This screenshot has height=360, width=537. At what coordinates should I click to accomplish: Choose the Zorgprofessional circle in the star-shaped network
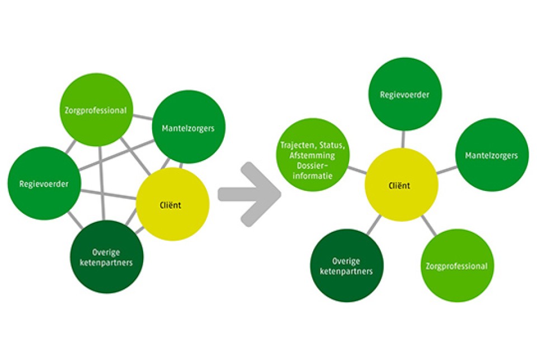click(x=456, y=266)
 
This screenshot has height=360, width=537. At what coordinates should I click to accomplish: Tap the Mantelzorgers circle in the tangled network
click(x=189, y=127)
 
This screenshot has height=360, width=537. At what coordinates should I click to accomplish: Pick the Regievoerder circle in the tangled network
click(x=45, y=183)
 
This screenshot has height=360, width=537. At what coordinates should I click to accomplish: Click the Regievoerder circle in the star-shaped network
click(x=404, y=95)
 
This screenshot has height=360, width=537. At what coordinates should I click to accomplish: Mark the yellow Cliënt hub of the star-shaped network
click(x=401, y=185)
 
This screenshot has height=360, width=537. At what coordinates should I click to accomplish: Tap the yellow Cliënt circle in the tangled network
click(x=173, y=204)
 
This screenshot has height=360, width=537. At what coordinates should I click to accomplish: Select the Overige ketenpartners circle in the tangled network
click(x=107, y=257)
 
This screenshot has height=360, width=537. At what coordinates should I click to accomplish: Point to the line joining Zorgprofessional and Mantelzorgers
click(x=144, y=118)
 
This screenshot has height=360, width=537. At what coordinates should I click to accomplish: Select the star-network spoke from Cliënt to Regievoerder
click(x=403, y=140)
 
